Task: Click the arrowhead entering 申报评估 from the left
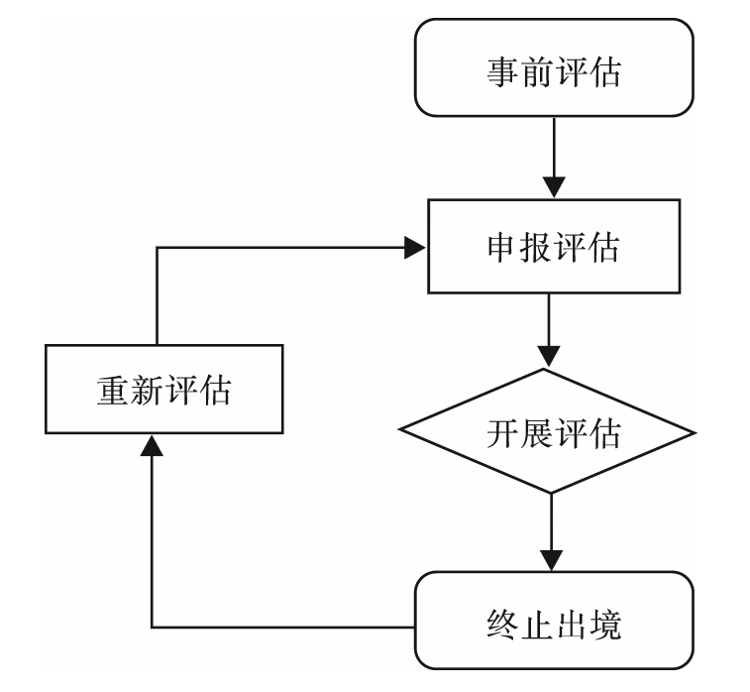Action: [415, 249]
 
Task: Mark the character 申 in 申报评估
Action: [501, 247]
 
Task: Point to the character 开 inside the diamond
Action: [501, 432]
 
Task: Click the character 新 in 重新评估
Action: [146, 390]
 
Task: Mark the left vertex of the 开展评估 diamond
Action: [399, 432]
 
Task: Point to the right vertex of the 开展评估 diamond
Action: [696, 432]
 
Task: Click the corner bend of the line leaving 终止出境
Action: [151, 627]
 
